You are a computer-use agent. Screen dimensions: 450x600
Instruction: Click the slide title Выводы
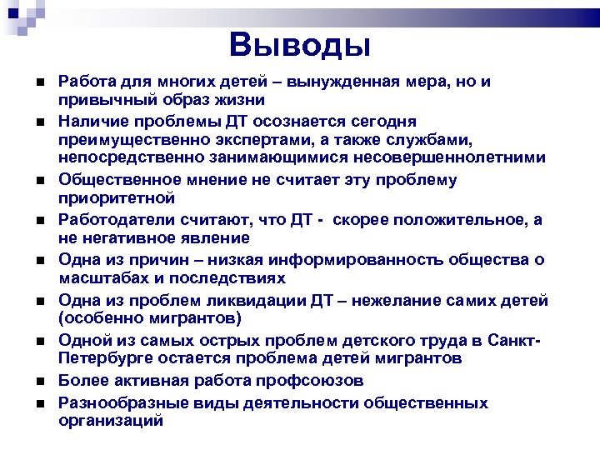pos(299,44)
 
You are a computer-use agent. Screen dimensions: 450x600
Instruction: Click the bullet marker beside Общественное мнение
pos(40,180)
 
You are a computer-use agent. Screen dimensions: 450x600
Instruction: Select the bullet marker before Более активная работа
pos(40,381)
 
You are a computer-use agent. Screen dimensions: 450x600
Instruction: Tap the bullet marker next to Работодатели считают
pos(40,219)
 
